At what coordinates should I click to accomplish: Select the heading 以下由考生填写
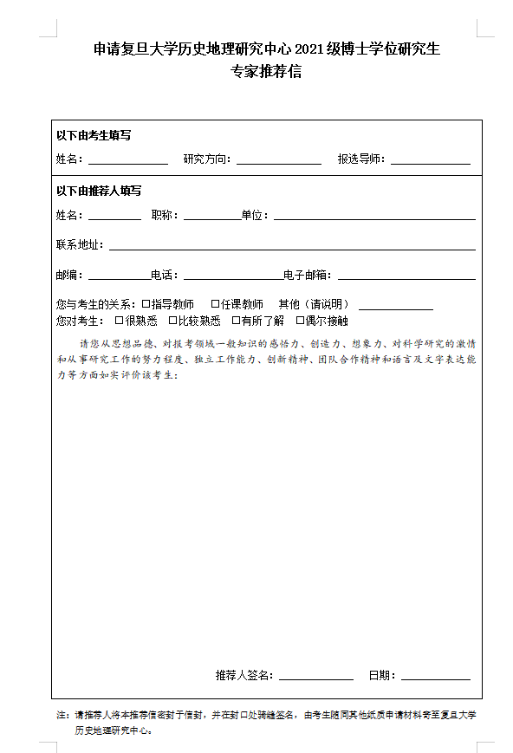pos(94,135)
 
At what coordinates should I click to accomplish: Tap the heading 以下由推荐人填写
pos(99,191)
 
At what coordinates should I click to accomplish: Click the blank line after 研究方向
pos(279,162)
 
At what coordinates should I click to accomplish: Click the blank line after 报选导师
pos(431,162)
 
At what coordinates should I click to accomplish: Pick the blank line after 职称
pos(211,218)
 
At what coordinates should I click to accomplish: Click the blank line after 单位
pos(374,218)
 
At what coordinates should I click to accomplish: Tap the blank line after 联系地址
pos(292,249)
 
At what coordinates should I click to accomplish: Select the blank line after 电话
pos(232,278)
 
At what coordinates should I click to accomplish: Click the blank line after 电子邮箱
pos(406,278)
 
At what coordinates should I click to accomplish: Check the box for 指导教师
pos(146,304)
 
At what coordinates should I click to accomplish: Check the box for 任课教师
pos(215,304)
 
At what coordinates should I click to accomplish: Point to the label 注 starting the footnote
pos(61,716)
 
